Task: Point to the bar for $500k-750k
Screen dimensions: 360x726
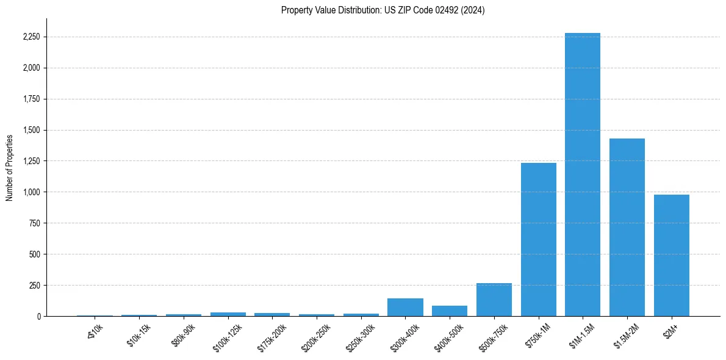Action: pyautogui.click(x=494, y=300)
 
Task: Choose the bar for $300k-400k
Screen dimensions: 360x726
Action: pyautogui.click(x=405, y=307)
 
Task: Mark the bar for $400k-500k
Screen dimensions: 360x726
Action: pyautogui.click(x=450, y=311)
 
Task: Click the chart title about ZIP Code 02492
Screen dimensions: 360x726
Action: pyautogui.click(x=383, y=10)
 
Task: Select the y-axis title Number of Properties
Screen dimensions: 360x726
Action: pyautogui.click(x=10, y=168)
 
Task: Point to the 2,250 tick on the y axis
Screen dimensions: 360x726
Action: pyautogui.click(x=31, y=37)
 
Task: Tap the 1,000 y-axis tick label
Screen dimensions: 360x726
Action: pyautogui.click(x=31, y=192)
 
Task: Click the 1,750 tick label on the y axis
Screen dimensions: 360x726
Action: pyautogui.click(x=31, y=99)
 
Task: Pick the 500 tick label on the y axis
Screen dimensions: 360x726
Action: pyautogui.click(x=35, y=254)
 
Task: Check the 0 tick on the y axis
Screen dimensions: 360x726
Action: pyautogui.click(x=39, y=317)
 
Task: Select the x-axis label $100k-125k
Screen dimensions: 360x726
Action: pyautogui.click(x=228, y=336)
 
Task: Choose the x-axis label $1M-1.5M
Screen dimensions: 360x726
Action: pyautogui.click(x=583, y=335)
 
